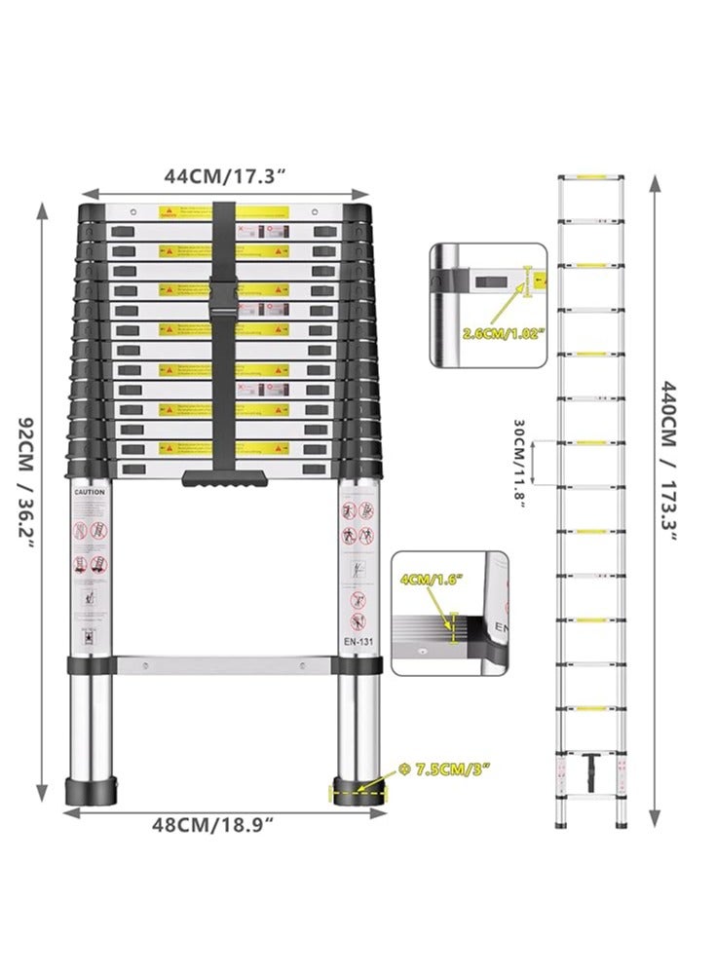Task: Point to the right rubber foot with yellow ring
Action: [358, 789]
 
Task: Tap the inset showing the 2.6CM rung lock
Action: [487, 304]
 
